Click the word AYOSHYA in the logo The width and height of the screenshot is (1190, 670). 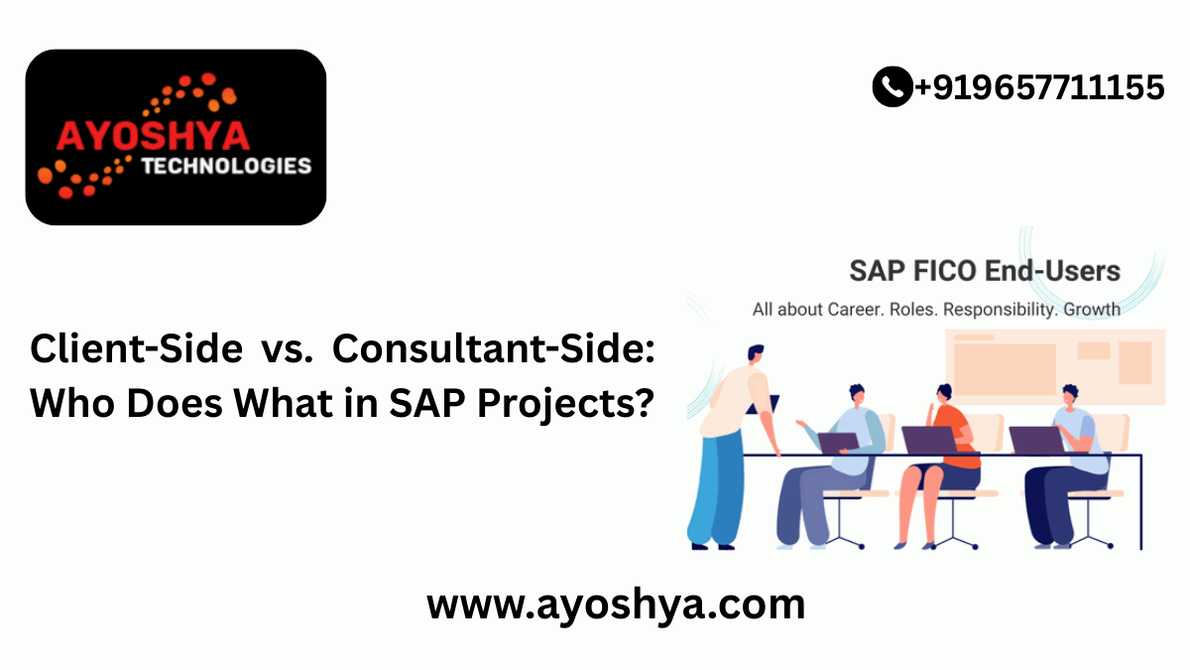click(155, 135)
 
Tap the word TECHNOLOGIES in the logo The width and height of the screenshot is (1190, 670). click(226, 166)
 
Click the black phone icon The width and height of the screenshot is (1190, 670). click(892, 87)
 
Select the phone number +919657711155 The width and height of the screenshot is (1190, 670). click(1038, 87)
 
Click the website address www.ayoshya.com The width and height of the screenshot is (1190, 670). click(615, 603)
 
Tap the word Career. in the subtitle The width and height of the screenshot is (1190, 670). click(852, 309)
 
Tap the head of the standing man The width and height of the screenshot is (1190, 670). click(754, 355)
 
